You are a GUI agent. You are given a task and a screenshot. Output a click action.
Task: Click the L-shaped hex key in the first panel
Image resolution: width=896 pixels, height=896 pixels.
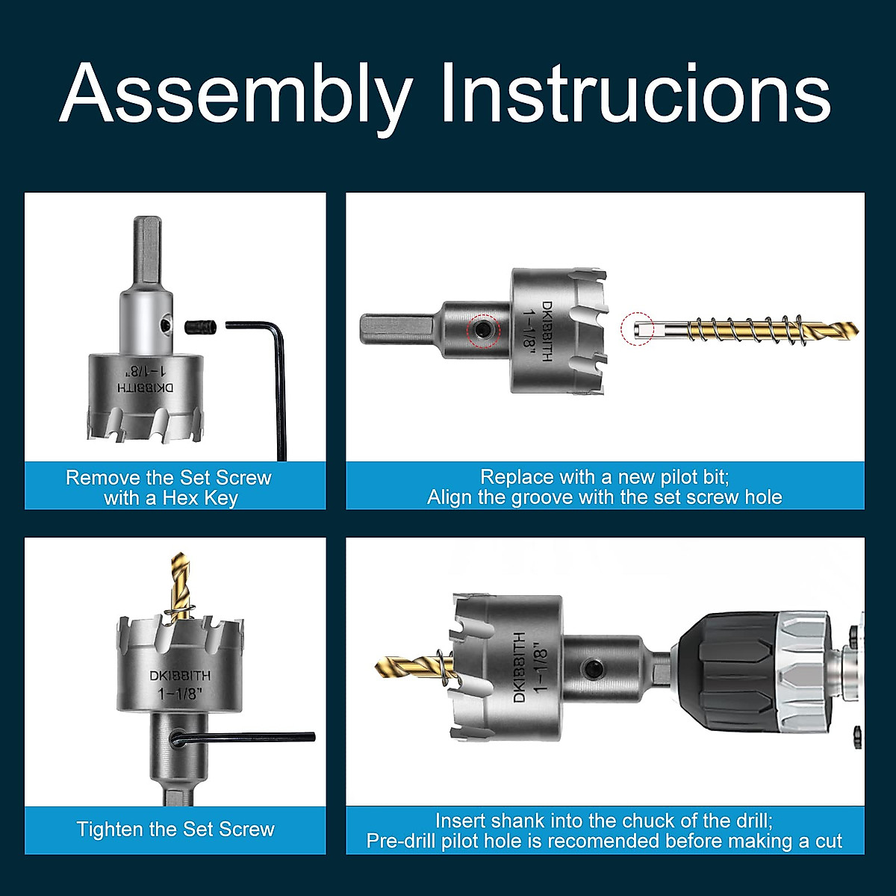pos(278,373)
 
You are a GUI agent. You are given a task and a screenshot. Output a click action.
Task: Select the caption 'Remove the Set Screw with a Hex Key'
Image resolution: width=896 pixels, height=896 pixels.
pos(169,488)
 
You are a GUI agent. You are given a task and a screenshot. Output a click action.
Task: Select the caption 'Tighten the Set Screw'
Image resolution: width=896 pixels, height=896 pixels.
pos(175,830)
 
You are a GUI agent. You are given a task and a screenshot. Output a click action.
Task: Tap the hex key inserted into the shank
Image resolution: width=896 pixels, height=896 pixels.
pos(246,738)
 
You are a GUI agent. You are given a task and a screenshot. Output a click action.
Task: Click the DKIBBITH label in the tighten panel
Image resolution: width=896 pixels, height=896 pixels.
pos(180,675)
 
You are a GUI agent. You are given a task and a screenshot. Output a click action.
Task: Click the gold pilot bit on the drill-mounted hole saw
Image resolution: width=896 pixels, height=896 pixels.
pos(407,664)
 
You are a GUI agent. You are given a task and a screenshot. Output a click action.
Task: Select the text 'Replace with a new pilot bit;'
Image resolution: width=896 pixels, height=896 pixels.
pos(604,477)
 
